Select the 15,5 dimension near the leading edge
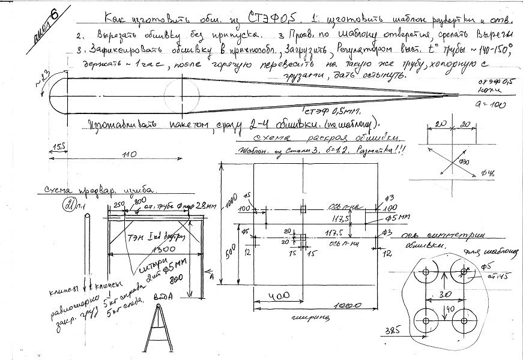pyautogui.click(x=58, y=146)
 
